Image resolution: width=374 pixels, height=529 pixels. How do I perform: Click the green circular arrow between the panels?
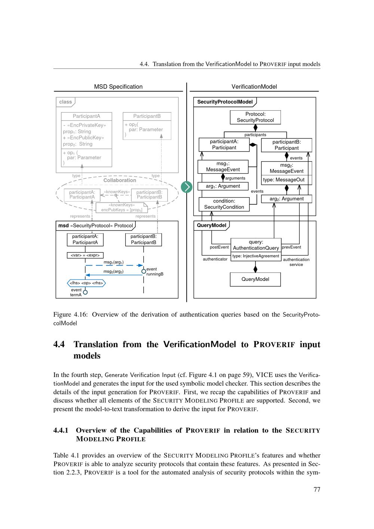coord(186,187)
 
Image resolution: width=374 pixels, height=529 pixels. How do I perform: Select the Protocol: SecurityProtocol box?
coord(255,117)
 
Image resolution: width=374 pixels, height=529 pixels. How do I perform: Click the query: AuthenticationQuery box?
coord(256,245)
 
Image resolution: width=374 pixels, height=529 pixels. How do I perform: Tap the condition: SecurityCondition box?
coord(224,204)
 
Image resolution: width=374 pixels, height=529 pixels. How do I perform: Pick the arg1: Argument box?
coord(223,186)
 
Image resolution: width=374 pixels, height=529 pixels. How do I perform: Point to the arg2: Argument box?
coord(286,199)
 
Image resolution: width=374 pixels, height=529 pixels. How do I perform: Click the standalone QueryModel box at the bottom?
coord(255,279)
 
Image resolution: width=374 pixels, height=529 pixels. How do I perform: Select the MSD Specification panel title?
coord(118,87)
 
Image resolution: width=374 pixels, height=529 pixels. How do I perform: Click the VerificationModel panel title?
coord(254,87)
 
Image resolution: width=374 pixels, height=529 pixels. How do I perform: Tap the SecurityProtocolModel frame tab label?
coord(225,102)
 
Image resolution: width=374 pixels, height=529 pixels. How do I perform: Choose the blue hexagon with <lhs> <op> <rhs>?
coord(86,283)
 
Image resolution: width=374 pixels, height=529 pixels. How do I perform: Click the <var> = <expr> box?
coord(85,255)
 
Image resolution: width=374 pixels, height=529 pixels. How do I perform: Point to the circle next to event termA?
coord(85,292)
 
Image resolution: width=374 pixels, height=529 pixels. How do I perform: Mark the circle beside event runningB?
coord(144,271)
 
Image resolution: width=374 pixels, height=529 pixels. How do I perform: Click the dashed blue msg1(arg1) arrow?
coord(114,266)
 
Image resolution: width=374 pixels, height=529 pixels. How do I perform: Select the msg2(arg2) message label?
coord(113,272)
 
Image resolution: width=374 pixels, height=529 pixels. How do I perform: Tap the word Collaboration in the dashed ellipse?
coord(120,180)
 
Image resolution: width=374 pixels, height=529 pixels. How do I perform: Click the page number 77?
coord(317,489)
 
